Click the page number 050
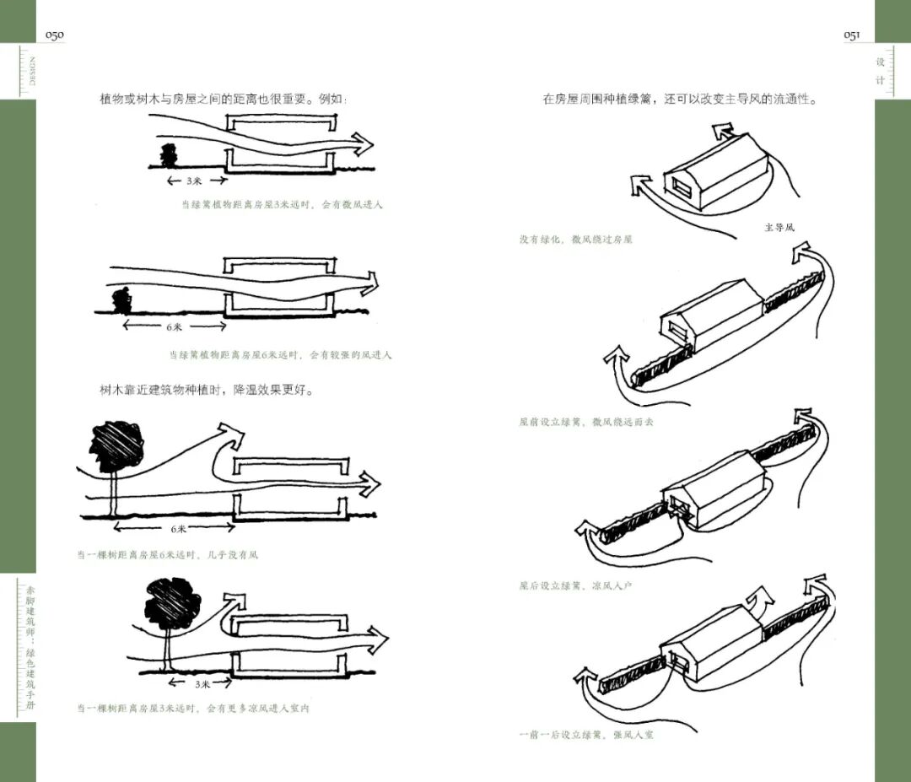point(54,35)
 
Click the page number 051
point(851,35)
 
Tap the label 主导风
point(779,227)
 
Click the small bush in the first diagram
point(169,156)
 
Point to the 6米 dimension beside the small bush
point(175,326)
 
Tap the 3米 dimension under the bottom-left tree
point(201,683)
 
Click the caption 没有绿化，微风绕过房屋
point(576,240)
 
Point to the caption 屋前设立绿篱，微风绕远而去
point(586,422)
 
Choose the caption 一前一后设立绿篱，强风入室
point(586,735)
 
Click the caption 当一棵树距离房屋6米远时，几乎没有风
point(168,555)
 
